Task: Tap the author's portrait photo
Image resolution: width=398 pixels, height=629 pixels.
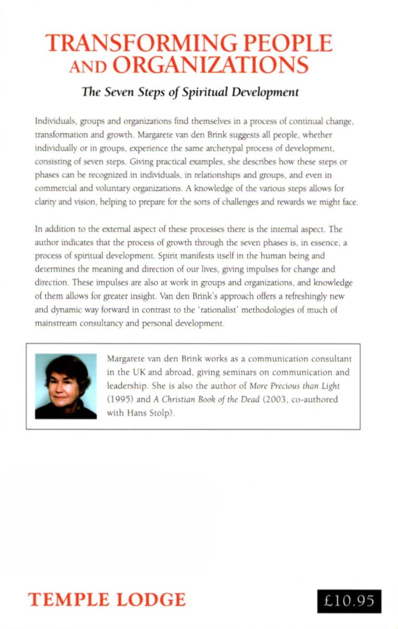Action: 66,386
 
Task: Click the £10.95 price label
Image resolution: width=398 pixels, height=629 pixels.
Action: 349,601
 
